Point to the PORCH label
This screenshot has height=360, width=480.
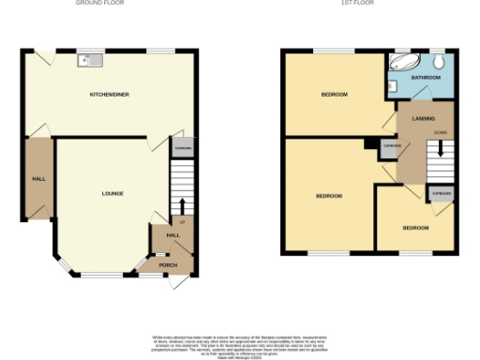168,265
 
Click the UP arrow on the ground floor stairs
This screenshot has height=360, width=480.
182,205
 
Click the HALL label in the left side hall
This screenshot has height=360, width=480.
38,178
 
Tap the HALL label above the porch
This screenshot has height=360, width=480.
173,235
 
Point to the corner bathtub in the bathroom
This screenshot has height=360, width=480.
404,65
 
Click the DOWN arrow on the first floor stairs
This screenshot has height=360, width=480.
440,147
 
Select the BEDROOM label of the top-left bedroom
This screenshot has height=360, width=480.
335,95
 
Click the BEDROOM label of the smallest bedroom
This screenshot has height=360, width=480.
415,228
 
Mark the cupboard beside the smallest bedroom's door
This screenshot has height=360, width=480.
441,194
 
